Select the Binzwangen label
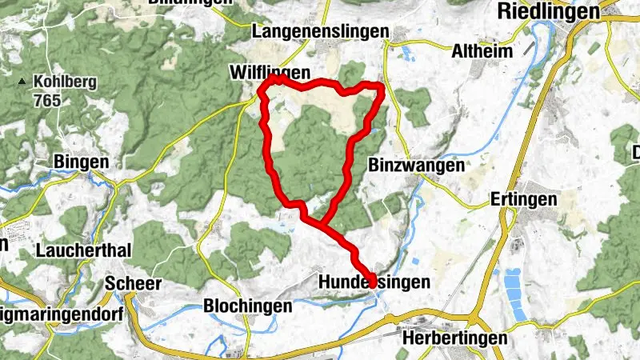click(x=418, y=166)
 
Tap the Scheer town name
click(x=134, y=283)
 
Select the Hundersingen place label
click(x=374, y=282)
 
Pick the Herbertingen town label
click(x=454, y=338)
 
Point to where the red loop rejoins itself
click(x=324, y=225)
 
